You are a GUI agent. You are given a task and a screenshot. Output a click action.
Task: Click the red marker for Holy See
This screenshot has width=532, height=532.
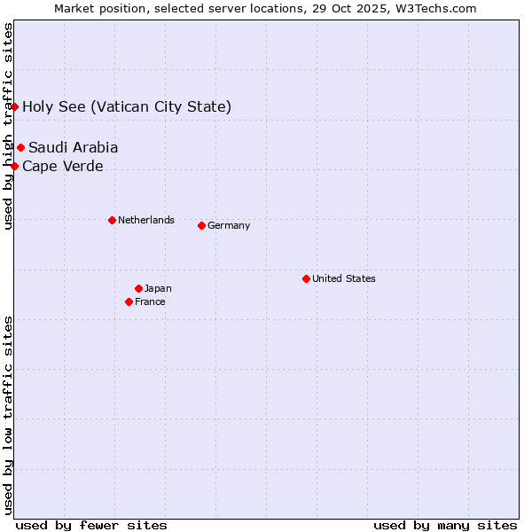click(15, 106)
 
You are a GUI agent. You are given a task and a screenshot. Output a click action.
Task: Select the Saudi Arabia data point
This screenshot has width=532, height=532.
click(20, 147)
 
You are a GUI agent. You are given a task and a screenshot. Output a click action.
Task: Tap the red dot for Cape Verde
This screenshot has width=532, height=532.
click(15, 166)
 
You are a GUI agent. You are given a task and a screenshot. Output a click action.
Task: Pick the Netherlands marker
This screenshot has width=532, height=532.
click(112, 220)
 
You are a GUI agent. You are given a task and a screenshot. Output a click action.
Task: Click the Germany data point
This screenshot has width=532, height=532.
click(201, 225)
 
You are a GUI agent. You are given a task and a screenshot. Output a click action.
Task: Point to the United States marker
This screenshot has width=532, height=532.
click(306, 278)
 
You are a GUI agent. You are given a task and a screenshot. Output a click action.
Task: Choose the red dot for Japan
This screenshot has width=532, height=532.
click(138, 288)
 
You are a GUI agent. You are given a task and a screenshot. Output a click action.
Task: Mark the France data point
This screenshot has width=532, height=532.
click(129, 301)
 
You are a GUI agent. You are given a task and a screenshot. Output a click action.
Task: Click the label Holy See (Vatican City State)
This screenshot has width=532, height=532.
click(127, 107)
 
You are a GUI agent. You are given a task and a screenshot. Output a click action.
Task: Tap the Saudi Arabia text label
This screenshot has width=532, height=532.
click(73, 147)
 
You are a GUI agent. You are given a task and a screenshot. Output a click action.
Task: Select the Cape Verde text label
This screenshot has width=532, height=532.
click(62, 166)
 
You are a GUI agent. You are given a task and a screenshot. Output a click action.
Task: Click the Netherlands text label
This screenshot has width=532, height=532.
click(146, 220)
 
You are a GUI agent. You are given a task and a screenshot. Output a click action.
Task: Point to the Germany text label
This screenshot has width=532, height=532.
click(229, 225)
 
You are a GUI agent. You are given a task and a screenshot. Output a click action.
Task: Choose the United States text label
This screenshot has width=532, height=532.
click(344, 278)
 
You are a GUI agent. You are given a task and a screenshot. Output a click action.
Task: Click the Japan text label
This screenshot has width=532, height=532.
click(158, 288)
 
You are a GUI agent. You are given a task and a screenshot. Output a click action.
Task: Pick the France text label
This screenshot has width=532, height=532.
click(150, 301)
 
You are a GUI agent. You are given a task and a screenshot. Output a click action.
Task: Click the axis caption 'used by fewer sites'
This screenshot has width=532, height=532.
click(91, 525)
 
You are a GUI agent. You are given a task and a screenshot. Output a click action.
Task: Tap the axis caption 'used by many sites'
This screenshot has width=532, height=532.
click(445, 525)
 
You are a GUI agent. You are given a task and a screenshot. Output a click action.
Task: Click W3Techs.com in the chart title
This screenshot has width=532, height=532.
click(430, 9)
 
